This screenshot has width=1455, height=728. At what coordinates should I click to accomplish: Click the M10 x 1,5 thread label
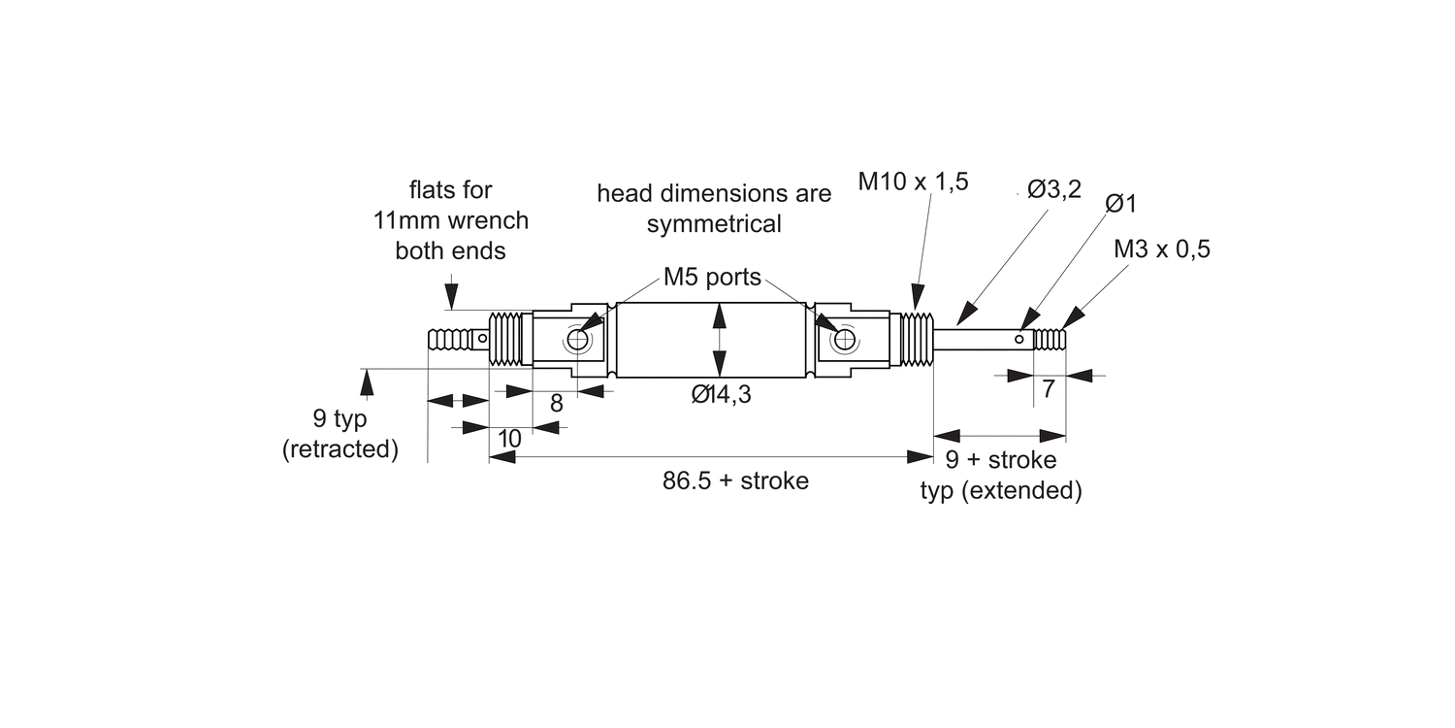[913, 182]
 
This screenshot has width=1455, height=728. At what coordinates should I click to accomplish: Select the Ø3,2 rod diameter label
[1054, 190]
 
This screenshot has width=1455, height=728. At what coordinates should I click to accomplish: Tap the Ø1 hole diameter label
[1121, 204]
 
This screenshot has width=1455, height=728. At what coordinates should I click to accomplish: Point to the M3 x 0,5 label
[1162, 249]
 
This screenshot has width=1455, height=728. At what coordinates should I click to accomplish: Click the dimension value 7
[1048, 389]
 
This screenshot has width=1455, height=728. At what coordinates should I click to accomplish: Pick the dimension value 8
[556, 404]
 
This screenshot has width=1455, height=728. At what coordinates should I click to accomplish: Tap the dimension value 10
[509, 439]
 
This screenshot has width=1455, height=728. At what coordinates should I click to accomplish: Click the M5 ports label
[712, 278]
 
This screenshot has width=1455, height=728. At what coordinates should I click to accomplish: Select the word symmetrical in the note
[714, 224]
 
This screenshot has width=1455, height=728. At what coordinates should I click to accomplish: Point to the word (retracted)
[340, 450]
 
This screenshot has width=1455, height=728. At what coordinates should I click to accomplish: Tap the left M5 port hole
[577, 340]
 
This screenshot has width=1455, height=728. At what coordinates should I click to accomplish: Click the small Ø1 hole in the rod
[1018, 340]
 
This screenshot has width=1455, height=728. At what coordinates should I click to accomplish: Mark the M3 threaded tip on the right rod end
[1051, 340]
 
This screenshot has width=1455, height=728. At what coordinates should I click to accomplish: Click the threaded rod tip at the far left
[447, 341]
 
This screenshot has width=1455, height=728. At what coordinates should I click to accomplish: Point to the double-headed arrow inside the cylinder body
[719, 339]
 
